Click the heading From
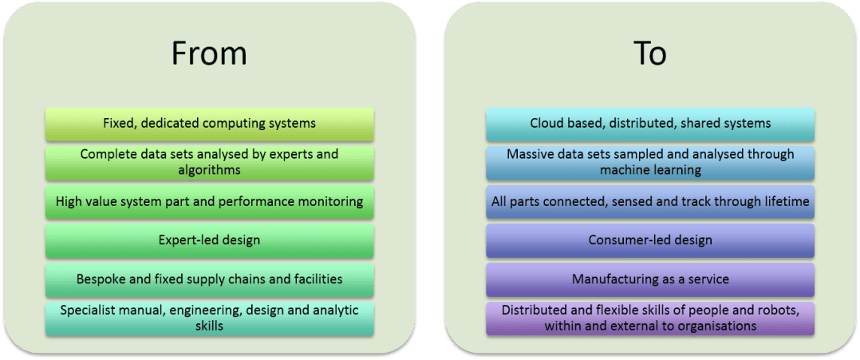(x=208, y=53)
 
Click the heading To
(x=649, y=53)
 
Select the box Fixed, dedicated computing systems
(x=209, y=124)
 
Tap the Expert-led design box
(x=209, y=239)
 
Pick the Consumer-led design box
(x=650, y=239)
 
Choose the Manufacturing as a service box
(x=650, y=279)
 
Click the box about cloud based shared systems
(x=650, y=124)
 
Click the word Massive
(x=531, y=154)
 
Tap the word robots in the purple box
(x=757, y=311)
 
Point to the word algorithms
(x=209, y=169)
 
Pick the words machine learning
(x=650, y=169)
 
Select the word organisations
(x=714, y=326)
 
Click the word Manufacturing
(x=611, y=279)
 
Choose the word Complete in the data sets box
(x=106, y=154)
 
